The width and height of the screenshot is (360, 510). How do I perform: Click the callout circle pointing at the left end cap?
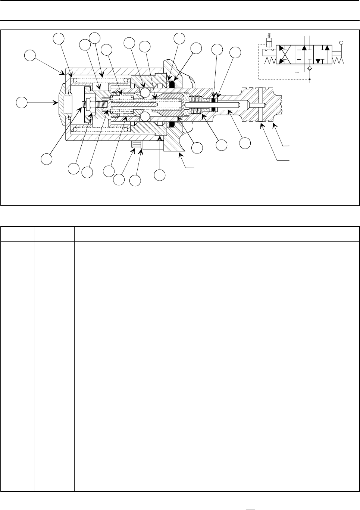[x=22, y=102]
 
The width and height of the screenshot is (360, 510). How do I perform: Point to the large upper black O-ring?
[x=172, y=85]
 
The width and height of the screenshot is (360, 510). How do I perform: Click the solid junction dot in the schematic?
[x=309, y=79]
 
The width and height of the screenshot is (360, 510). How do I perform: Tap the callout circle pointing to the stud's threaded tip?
[x=47, y=158]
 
